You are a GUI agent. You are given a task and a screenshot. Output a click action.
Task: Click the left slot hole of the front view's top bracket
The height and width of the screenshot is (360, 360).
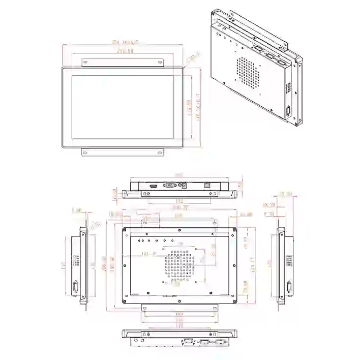[x=85, y=62]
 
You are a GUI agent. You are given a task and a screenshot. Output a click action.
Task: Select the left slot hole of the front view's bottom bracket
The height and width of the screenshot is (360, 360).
[x=85, y=152]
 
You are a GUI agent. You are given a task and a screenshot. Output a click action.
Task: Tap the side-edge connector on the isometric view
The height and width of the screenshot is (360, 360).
[x=289, y=112]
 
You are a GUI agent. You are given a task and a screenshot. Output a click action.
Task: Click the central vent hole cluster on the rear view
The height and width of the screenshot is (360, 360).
[x=179, y=264]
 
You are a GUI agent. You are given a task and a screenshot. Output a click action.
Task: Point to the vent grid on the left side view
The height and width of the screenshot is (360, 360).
[x=76, y=260]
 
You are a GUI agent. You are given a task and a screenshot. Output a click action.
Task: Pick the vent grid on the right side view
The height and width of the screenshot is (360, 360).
[x=289, y=260]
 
